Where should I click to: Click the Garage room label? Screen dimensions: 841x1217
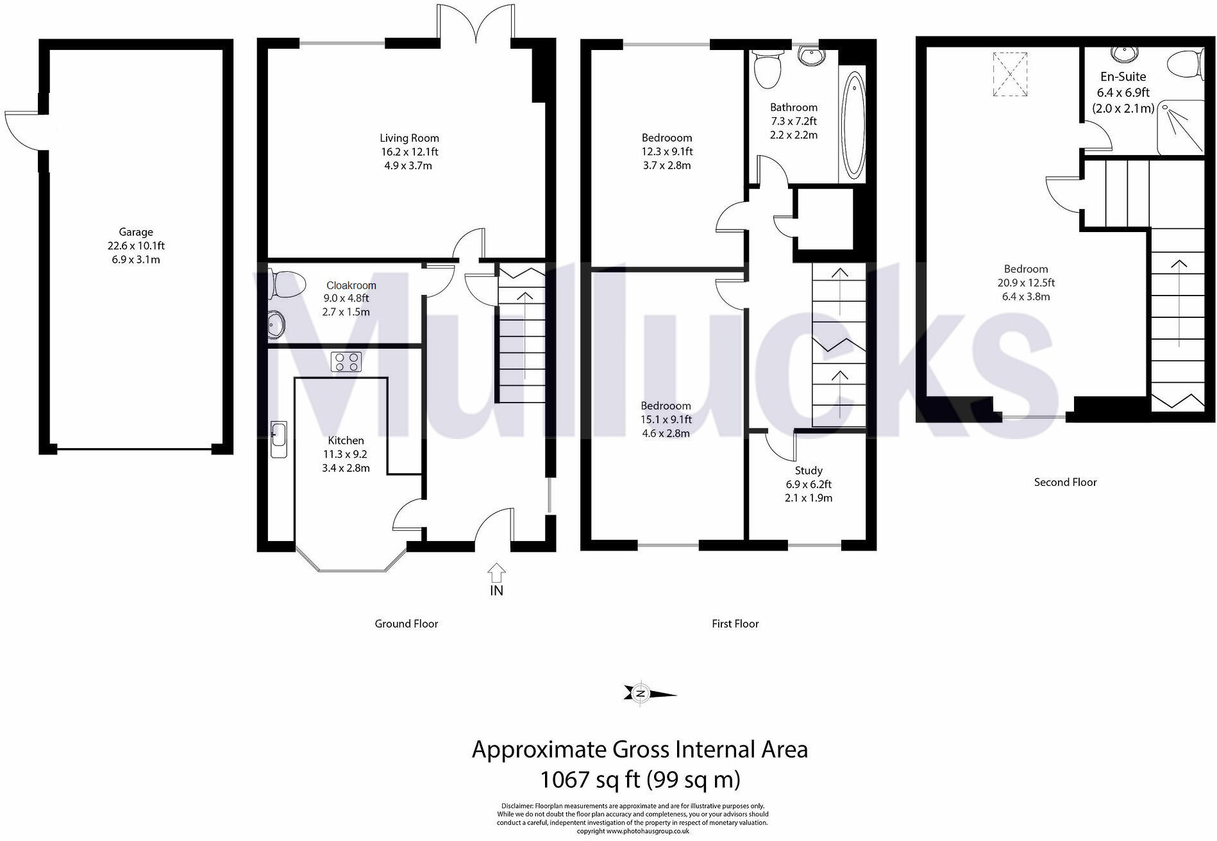pyautogui.click(x=135, y=232)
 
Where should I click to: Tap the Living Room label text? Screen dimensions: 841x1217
pyautogui.click(x=409, y=138)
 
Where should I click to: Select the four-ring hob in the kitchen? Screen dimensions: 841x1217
pyautogui.click(x=346, y=362)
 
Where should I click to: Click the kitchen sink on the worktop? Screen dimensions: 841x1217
pyautogui.click(x=278, y=440)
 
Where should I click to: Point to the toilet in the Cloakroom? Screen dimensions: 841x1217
pyautogui.click(x=287, y=285)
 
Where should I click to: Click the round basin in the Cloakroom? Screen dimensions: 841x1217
pyautogui.click(x=276, y=324)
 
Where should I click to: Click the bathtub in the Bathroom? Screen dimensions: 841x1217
pyautogui.click(x=853, y=126)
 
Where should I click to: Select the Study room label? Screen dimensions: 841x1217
pyautogui.click(x=808, y=470)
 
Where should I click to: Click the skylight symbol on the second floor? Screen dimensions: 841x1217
pyautogui.click(x=1010, y=74)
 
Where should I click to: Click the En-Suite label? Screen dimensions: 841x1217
pyautogui.click(x=1123, y=76)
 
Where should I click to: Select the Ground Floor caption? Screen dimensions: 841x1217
pyautogui.click(x=406, y=624)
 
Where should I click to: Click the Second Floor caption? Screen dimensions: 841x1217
pyautogui.click(x=1065, y=482)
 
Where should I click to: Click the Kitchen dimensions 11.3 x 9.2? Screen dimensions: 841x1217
pyautogui.click(x=346, y=454)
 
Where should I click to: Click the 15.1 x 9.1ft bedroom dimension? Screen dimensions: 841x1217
pyautogui.click(x=666, y=420)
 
